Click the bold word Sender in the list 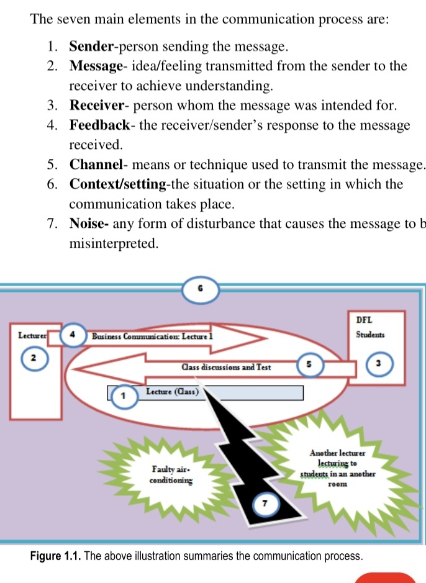click(91, 46)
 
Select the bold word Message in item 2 click(96, 65)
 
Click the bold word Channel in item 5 click(95, 165)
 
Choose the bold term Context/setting click(117, 184)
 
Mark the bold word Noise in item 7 click(88, 224)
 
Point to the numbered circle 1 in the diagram click(123, 395)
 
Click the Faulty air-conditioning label click(173, 474)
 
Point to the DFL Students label click(370, 327)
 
